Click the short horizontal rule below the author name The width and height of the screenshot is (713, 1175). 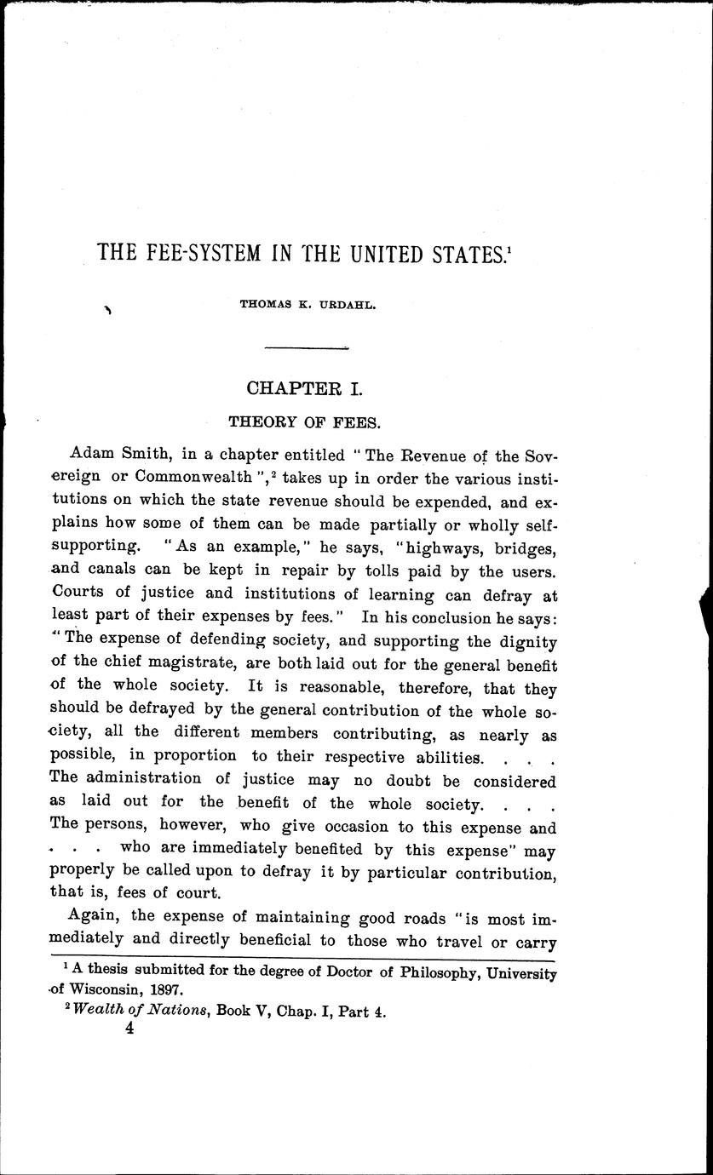(307, 348)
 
